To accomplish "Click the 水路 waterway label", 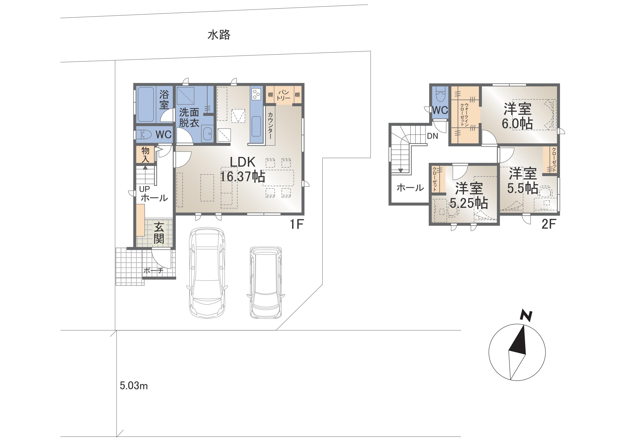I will pos(219,35).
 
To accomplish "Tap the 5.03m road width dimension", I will pos(134,386).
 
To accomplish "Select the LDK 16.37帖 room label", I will pos(242,169).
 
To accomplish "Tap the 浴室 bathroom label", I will pos(164,100).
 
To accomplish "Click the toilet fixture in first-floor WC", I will pos(144,134).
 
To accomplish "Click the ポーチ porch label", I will pos(153,270).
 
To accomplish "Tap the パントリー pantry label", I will pos(283,95).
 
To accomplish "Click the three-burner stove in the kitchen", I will pos(256,94).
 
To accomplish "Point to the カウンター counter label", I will pos(270,125).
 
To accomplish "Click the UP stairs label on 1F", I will pos(144,189).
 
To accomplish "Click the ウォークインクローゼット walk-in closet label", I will pos(465,114).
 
